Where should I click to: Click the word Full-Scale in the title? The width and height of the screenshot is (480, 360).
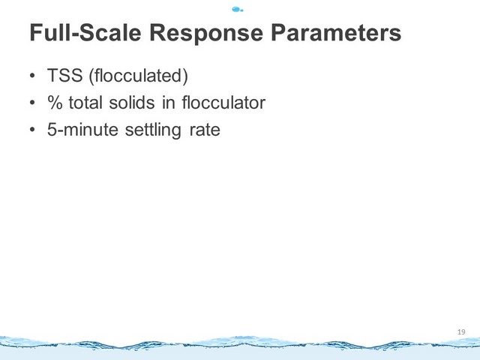85,32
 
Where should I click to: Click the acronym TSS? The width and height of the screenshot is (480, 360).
65,75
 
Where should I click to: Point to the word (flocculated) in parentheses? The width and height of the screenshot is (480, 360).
138,76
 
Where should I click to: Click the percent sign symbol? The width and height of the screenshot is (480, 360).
55,102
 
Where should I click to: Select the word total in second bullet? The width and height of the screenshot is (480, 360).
85,102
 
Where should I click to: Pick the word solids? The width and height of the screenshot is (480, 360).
132,102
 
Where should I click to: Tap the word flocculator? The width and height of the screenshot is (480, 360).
223,102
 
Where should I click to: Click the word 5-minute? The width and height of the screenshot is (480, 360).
82,129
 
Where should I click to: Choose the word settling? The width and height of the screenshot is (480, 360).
153,130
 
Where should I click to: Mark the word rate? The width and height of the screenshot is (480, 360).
205,130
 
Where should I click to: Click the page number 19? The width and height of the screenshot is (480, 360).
461,331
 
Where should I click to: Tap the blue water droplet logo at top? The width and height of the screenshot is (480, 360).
238,10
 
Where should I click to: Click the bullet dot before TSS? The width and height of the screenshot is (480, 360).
32,76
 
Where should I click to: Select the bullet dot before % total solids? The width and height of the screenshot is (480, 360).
32,103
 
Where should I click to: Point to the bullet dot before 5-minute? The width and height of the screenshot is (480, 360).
32,130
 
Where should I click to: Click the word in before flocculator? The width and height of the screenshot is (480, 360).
168,102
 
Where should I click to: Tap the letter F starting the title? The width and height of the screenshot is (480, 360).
35,32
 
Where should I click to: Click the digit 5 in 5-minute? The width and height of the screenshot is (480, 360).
52,130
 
